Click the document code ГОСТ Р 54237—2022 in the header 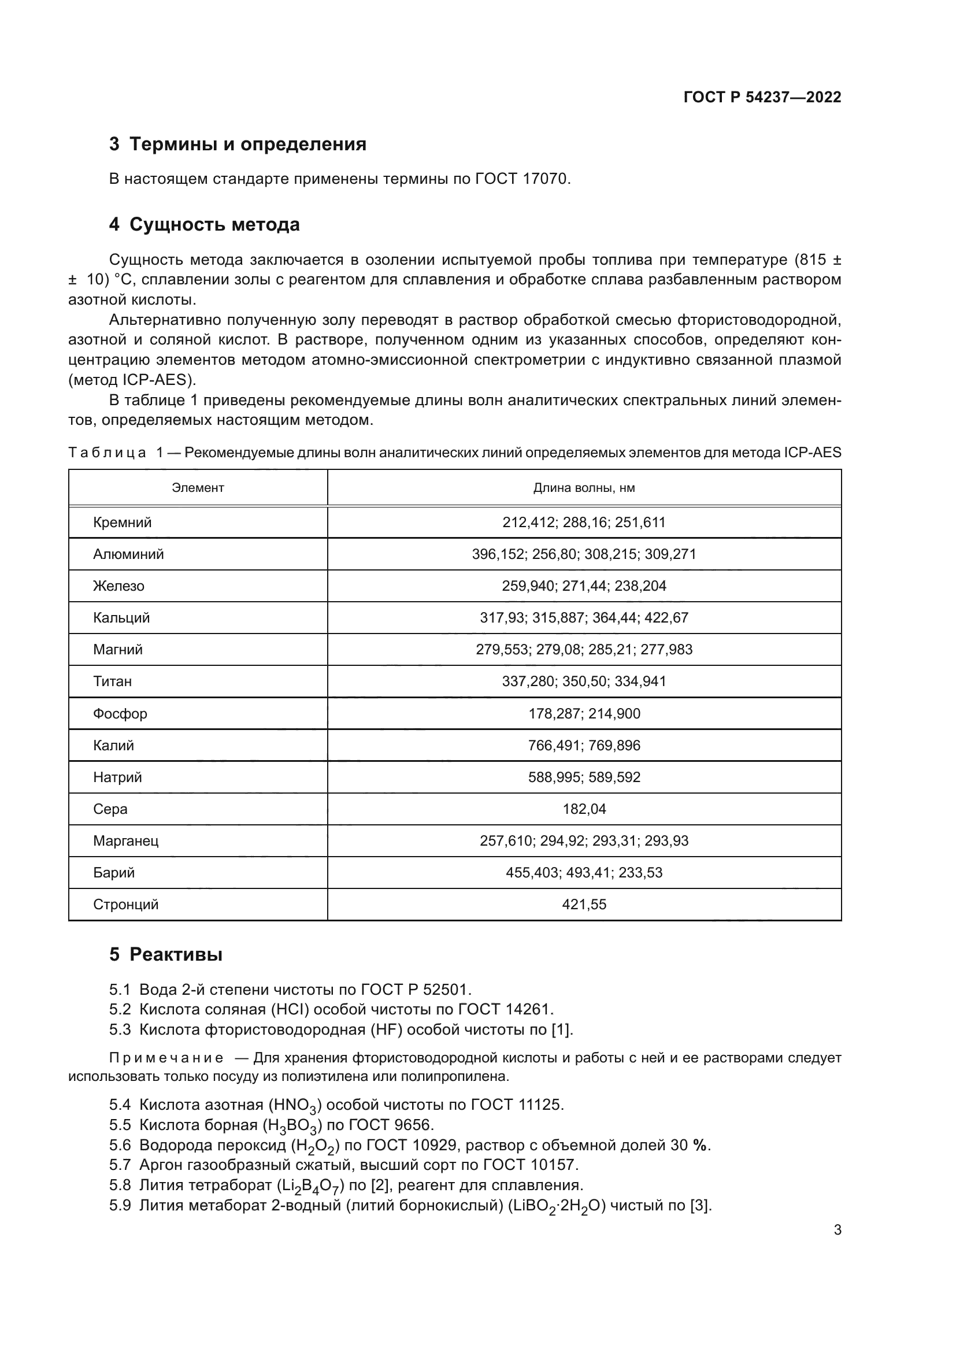[762, 97]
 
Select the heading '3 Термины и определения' [237, 145]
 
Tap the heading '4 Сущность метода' [204, 224]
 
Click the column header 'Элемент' [198, 488]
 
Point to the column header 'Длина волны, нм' [583, 488]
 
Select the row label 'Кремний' [123, 523]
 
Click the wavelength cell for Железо [583, 586]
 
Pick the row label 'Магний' [118, 650]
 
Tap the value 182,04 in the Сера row [583, 809]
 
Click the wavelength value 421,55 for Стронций [583, 904]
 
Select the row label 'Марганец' [125, 840]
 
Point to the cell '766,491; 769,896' [583, 745]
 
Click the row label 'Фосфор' [120, 713]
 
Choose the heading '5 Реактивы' [165, 954]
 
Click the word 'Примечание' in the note [166, 1058]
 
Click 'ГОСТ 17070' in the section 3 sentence [521, 179]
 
